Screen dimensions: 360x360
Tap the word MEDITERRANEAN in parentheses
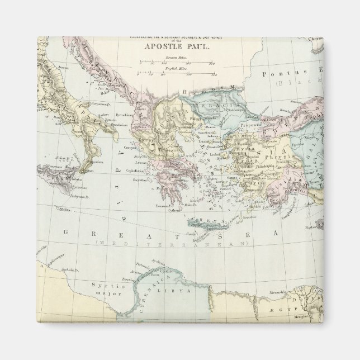(170, 244)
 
